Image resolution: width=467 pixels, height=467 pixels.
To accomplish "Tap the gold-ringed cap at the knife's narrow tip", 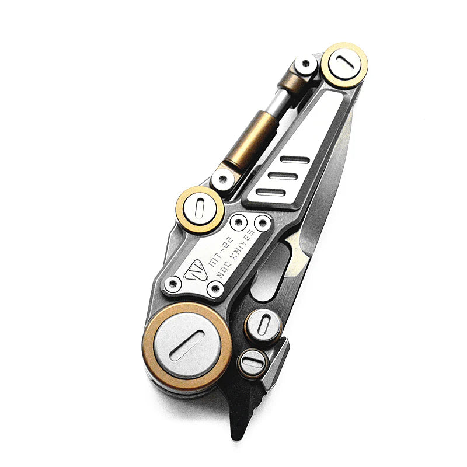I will (x=344, y=65).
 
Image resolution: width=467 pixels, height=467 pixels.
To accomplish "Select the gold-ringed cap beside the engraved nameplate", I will (x=200, y=210).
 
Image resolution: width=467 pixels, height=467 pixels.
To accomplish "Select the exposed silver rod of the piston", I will (x=275, y=105).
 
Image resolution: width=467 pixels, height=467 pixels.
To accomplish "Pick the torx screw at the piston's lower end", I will (x=222, y=182).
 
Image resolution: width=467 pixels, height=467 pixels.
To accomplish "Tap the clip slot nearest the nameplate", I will (x=270, y=193).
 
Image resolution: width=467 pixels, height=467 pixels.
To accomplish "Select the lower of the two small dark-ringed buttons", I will (x=253, y=363).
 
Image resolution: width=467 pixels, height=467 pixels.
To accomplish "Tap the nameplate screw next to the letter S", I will (x=263, y=222).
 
